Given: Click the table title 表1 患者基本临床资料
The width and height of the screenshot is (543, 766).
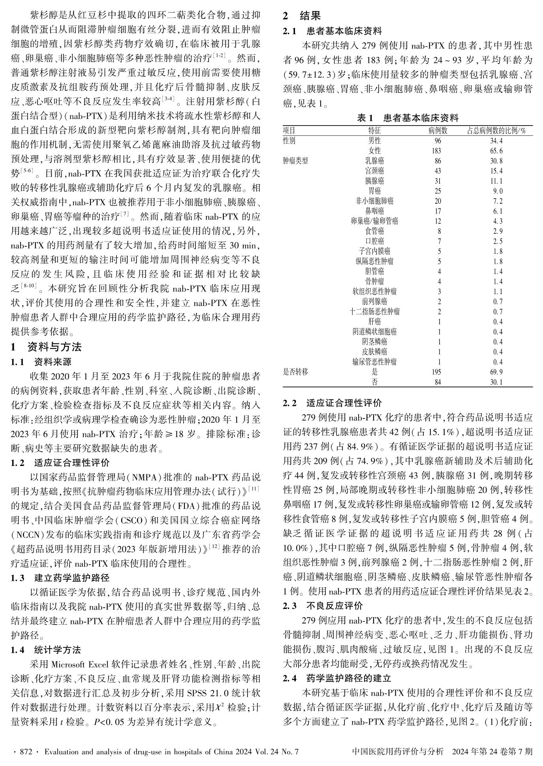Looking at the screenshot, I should pyautogui.click(x=408, y=118).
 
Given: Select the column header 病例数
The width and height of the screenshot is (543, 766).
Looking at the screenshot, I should pyautogui.click(x=438, y=131).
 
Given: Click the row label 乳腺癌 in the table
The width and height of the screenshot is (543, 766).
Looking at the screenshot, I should pyautogui.click(x=374, y=161).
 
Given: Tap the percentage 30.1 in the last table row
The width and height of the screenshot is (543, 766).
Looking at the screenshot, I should pyautogui.click(x=497, y=382).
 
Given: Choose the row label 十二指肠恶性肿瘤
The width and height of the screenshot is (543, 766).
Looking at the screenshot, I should pyautogui.click(x=374, y=312).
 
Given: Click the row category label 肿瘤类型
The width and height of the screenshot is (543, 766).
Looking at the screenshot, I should pyautogui.click(x=295, y=161).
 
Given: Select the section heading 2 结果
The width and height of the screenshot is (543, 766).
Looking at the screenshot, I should pyautogui.click(x=302, y=16).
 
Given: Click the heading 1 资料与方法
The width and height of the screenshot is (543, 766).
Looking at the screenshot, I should pyautogui.click(x=46, y=347).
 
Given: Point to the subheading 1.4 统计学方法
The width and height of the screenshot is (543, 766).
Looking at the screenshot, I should pyautogui.click(x=46, y=650).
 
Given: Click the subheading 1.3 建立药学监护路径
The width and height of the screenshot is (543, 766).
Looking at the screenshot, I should pyautogui.click(x=60, y=578).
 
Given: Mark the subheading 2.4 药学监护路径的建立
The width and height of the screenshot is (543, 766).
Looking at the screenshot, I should pyautogui.click(x=337, y=678).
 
